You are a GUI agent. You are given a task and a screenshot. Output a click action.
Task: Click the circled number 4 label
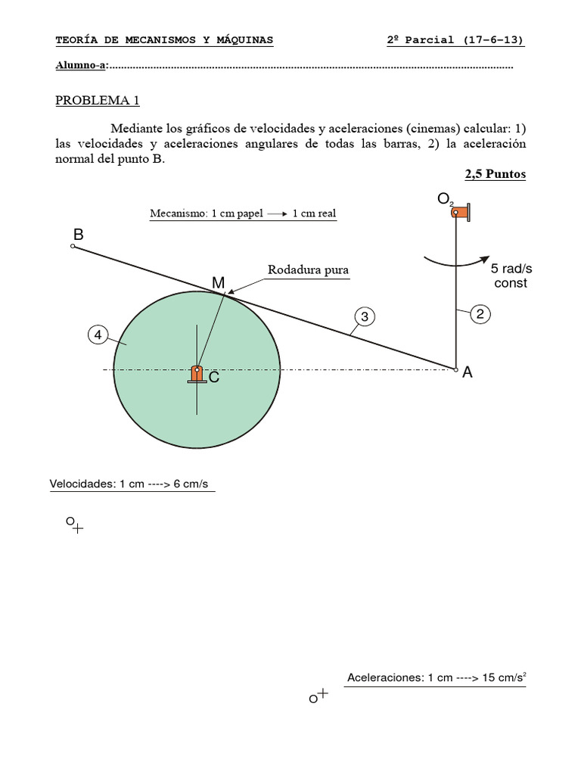tap(98, 334)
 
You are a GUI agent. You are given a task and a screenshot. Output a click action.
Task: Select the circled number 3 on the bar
tap(364, 316)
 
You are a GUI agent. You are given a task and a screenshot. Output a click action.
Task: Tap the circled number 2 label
tap(480, 313)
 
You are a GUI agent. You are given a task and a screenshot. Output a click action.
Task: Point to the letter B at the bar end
tap(78, 235)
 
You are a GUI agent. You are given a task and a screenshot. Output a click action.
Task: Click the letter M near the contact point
tap(218, 282)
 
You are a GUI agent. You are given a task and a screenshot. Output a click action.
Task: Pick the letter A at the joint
tap(468, 372)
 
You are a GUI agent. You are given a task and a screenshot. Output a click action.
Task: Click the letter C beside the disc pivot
tap(214, 377)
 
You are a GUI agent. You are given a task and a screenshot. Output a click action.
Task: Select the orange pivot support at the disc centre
tap(197, 374)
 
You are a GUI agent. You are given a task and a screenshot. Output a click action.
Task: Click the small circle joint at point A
tap(455, 369)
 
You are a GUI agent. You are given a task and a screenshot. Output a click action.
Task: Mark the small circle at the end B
tap(73, 247)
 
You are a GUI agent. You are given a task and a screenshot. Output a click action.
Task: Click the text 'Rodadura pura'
tap(308, 269)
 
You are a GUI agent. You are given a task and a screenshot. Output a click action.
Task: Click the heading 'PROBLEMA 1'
tap(97, 101)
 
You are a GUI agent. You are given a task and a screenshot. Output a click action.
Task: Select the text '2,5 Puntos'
tap(495, 174)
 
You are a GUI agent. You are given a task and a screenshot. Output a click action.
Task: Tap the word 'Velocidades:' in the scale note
tap(82, 484)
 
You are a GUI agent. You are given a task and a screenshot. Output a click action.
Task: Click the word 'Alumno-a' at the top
tap(81, 65)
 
